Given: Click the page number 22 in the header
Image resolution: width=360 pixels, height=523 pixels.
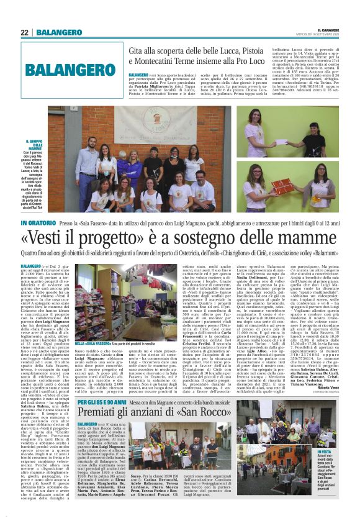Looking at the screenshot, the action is point(25,33).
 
